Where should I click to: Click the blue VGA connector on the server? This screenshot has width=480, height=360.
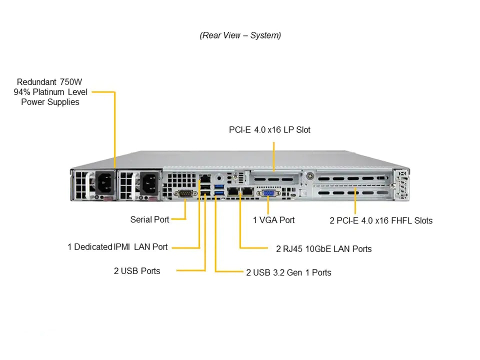coord(268,193)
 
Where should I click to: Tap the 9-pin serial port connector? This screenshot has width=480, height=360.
coord(185,193)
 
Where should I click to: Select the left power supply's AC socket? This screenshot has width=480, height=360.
coord(105,183)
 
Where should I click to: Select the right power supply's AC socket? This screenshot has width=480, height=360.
coord(149,183)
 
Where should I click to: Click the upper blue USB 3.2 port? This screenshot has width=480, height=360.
coord(219,186)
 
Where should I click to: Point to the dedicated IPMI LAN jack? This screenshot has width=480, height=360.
coord(205,178)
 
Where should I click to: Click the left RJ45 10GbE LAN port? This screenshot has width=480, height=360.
coord(233,191)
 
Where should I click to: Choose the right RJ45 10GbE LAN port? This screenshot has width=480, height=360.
coord(247,191)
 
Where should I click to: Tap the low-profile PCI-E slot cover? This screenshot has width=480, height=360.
coord(274,178)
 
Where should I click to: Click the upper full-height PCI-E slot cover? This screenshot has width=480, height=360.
coord(352,178)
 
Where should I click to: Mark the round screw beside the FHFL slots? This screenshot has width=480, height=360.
coord(310,176)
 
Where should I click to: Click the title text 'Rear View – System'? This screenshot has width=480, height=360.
coord(240,35)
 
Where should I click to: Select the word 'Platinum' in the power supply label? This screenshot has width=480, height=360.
coord(48,92)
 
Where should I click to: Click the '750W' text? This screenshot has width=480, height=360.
coord(71,82)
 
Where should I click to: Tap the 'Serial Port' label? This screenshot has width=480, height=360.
coord(149,219)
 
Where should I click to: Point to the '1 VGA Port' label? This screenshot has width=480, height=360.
coord(273,220)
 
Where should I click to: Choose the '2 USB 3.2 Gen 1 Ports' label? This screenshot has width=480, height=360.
coord(288,272)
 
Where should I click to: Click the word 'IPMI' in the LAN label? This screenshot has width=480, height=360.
coord(122,246)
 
